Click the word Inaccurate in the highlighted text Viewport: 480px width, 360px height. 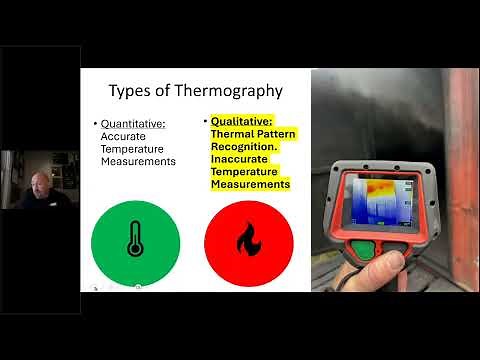237,160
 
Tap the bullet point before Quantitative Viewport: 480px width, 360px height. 95,125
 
